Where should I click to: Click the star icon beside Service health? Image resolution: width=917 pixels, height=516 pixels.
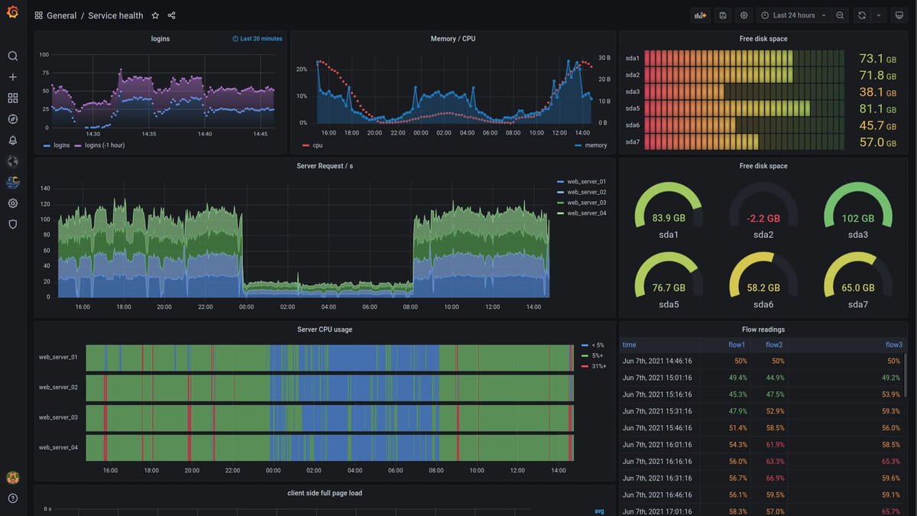155,15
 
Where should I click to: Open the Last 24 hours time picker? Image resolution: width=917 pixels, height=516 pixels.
793,15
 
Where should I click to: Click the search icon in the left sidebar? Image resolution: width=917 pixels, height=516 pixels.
13,56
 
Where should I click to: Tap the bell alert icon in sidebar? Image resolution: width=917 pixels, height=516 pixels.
13,140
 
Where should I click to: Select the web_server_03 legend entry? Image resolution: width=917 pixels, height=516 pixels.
586,203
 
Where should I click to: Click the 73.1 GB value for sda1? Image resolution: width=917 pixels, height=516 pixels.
871,59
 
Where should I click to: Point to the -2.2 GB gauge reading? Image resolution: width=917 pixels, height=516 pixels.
763,219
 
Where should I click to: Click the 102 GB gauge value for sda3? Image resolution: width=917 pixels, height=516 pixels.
857,219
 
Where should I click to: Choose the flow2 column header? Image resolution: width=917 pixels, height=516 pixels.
774,345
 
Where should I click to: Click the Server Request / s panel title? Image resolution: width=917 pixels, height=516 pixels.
325,166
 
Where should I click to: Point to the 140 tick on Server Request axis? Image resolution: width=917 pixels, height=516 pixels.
45,189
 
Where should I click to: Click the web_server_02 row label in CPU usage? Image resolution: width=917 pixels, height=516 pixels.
58,388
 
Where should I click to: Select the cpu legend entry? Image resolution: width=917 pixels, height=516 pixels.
317,145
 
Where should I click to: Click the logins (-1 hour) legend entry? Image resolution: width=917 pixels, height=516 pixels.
105,145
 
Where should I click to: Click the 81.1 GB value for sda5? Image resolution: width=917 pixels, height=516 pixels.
871,109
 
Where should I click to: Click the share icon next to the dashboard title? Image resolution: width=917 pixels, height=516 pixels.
171,15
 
